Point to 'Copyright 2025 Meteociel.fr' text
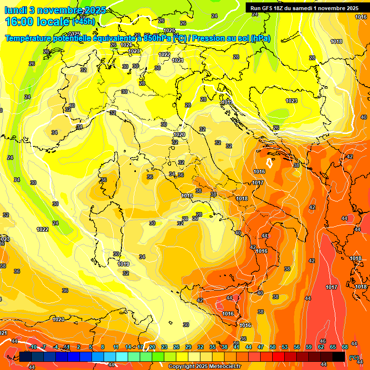coord(204,367)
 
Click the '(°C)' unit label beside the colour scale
coord(354,357)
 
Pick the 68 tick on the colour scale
coord(345,347)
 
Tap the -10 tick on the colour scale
coord(33,347)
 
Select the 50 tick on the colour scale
coord(273,347)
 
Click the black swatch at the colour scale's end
coord(339,357)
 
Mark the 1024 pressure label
coord(126,45)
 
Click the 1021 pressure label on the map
coord(178,60)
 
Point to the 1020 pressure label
coord(179,135)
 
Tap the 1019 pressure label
coord(123,264)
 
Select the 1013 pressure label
coord(227,103)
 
